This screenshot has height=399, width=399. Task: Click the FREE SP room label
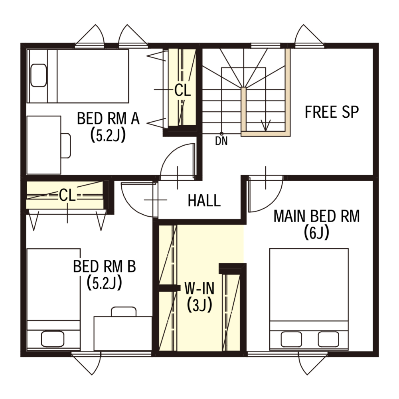(x=332, y=112)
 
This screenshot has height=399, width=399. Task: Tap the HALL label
(x=204, y=201)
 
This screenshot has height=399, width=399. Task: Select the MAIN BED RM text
(x=316, y=216)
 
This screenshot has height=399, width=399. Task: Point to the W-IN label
(x=199, y=288)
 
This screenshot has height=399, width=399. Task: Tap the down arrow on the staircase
(x=266, y=124)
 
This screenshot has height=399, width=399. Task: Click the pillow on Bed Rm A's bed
(x=38, y=75)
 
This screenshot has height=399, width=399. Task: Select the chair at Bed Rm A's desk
(x=66, y=146)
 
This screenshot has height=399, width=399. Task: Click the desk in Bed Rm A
(x=44, y=145)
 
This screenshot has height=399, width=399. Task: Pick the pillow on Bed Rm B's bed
(x=53, y=339)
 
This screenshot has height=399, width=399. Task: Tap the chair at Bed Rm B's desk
(x=124, y=312)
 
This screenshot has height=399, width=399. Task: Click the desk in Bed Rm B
(x=123, y=334)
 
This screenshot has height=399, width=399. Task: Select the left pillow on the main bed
(x=291, y=339)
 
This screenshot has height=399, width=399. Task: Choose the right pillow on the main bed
(x=328, y=339)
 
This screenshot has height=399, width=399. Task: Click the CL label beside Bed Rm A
(x=182, y=90)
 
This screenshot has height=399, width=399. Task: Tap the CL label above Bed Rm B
(x=67, y=196)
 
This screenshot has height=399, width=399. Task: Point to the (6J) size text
(x=316, y=233)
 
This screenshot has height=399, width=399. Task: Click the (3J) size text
(x=199, y=305)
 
